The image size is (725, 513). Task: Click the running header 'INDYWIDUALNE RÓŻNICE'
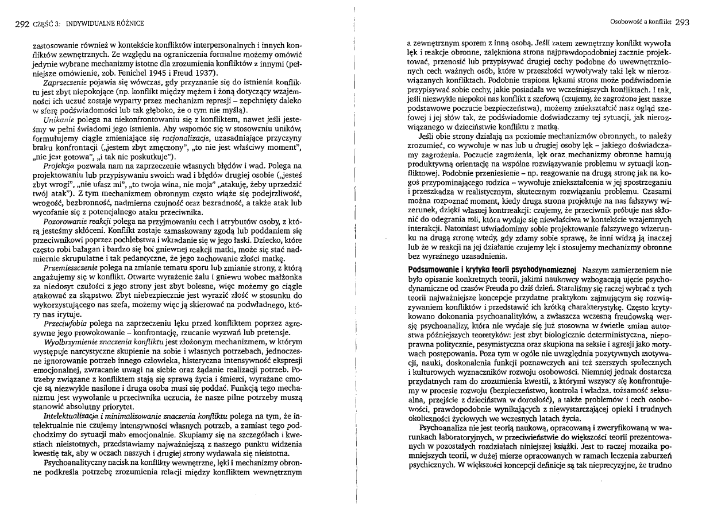click(105, 24)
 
